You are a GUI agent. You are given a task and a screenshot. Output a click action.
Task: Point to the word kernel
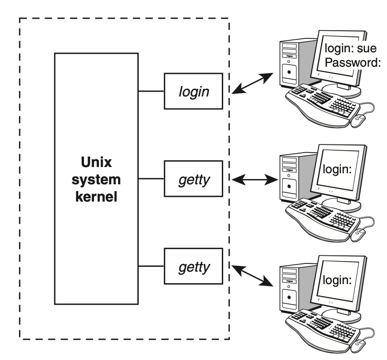tap(96, 197)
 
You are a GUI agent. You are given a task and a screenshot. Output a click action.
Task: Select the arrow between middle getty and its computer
tap(254, 180)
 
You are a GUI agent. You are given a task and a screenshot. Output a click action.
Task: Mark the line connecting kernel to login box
tap(151, 91)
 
